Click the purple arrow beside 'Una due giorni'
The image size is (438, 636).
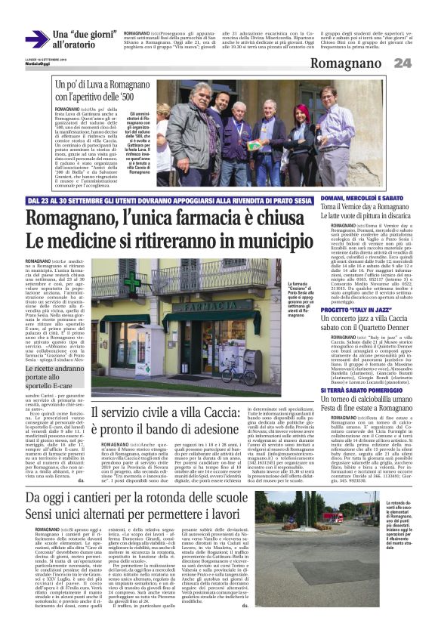35,39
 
